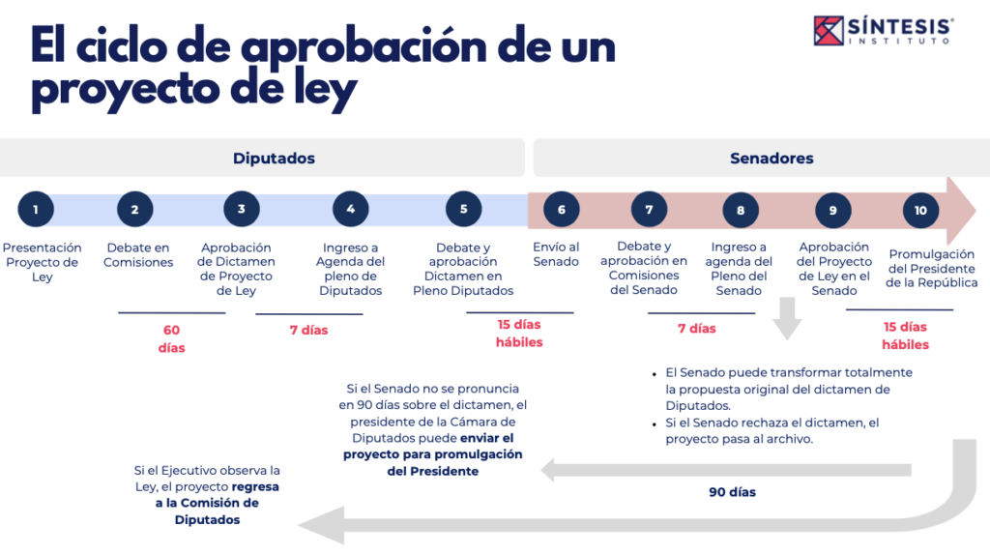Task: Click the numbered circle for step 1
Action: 36,209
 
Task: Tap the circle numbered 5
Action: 463,209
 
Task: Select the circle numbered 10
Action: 920,211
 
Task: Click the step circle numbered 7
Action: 649,210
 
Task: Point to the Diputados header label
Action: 274,158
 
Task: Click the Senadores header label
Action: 772,158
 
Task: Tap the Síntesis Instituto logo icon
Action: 829,30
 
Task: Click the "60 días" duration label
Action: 171,338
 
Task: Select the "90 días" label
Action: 733,492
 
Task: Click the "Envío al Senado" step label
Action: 556,254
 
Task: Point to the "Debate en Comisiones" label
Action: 138,254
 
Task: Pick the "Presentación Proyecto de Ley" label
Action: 43,262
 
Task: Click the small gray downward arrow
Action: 787,318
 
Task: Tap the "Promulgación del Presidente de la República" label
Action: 931,269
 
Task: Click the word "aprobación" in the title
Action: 364,48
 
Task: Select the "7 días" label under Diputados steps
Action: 308,330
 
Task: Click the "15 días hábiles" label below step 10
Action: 905,335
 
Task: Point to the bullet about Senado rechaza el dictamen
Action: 772,431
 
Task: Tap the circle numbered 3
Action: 241,209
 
